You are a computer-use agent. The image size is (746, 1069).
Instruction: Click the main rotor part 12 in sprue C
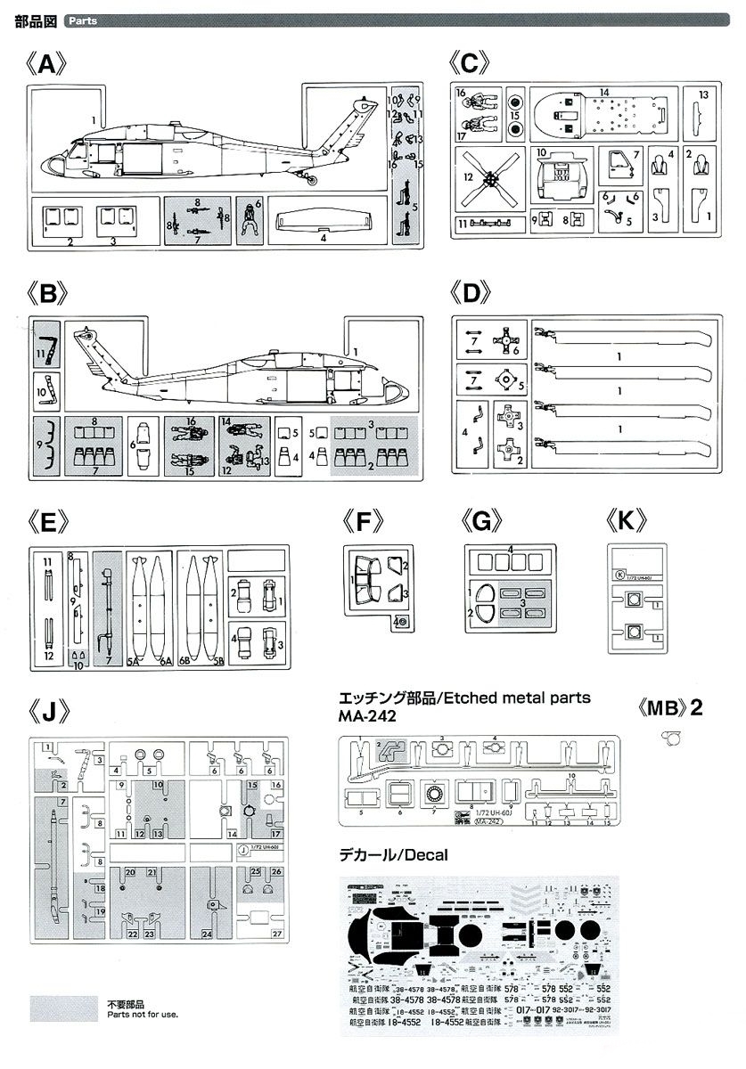(489, 178)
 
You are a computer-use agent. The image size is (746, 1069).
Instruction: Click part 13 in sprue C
(702, 111)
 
